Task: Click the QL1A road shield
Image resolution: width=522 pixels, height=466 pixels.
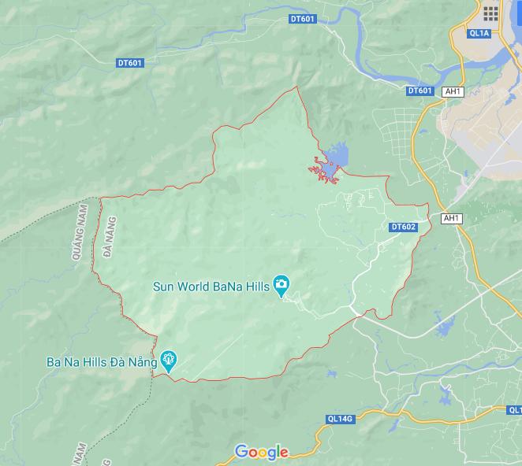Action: (x=479, y=33)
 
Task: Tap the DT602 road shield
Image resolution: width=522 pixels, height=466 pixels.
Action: (x=403, y=227)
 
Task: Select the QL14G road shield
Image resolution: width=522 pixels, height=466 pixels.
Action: (x=339, y=420)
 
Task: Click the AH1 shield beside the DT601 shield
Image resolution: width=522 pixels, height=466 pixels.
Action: (x=453, y=91)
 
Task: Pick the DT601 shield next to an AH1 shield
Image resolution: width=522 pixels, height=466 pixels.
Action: (x=420, y=91)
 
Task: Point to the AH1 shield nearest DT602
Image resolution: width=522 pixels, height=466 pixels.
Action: (x=450, y=218)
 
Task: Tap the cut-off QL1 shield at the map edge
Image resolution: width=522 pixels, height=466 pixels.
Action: (x=515, y=410)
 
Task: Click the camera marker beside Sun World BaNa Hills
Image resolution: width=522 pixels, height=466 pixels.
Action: (x=280, y=284)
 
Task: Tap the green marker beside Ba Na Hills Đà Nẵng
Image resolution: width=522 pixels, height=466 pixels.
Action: (x=168, y=361)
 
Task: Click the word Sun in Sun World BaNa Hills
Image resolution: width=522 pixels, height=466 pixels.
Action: (x=164, y=287)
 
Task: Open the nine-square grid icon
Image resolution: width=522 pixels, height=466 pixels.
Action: (x=490, y=13)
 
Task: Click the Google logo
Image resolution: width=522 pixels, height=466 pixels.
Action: (x=261, y=452)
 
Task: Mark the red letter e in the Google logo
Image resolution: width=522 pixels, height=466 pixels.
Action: (x=283, y=453)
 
